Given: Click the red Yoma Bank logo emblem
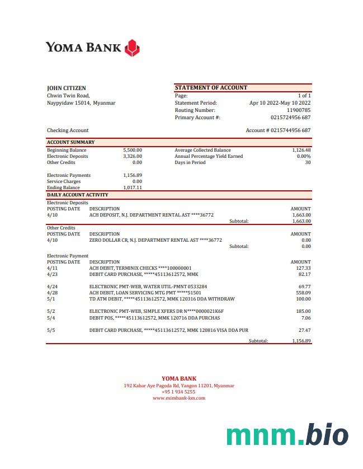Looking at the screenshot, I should [131, 48].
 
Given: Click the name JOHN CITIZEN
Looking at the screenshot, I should [67, 88].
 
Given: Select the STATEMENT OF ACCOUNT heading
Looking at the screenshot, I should [211, 88].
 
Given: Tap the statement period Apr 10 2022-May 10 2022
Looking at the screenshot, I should [280, 103].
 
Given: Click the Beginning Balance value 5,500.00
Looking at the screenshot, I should [133, 150].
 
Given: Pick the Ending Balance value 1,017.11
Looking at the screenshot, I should [133, 187].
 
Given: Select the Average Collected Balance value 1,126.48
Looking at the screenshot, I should [301, 150].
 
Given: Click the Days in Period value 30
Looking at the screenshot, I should [308, 162].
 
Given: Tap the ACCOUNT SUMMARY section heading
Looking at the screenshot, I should [70, 142].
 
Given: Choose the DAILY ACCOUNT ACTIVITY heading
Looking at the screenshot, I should [78, 195].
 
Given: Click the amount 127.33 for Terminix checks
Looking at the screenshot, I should [304, 268].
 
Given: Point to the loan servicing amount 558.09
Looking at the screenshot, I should [304, 293].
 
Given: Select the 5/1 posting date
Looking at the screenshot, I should [51, 299].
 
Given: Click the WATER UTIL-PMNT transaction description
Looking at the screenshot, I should [148, 287].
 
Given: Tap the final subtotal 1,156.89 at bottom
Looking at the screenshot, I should [301, 341].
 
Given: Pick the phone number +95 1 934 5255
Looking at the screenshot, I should [178, 392].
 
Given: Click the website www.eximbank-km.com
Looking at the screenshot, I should [178, 398].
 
